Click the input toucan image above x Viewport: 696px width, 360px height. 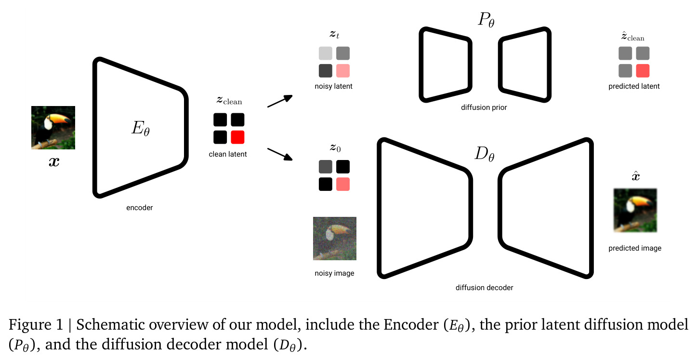(53, 127)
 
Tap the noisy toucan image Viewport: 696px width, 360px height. (335, 239)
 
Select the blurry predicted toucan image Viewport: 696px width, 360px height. (635, 210)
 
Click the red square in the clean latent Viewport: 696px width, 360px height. (237, 137)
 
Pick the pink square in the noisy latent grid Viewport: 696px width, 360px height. (343, 70)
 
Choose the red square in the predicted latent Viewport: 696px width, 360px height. (643, 70)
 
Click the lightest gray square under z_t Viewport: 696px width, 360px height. (326, 53)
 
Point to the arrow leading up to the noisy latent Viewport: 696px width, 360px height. (280, 101)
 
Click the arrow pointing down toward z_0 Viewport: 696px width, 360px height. (280, 154)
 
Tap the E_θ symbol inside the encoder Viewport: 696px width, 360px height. (141, 128)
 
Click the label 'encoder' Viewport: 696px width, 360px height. (140, 208)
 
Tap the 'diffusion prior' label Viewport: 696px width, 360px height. (484, 107)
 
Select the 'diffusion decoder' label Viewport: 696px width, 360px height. (485, 288)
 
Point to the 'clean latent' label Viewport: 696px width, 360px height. (228, 154)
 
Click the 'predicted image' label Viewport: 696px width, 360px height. (635, 248)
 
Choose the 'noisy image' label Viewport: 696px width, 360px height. (334, 273)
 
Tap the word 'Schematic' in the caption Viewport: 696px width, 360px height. (111, 324)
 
